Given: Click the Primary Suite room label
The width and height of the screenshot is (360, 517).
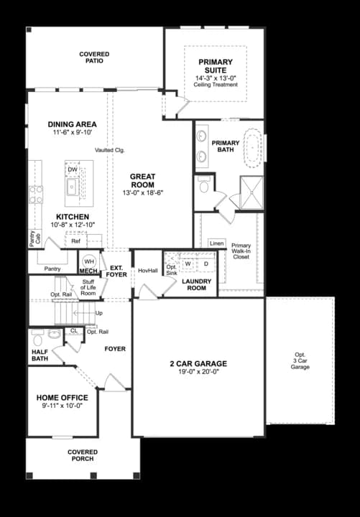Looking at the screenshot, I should point(216,66).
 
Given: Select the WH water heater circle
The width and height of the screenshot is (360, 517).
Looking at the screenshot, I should point(89,261).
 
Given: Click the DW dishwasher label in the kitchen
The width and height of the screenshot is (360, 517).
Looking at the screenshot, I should point(73,169).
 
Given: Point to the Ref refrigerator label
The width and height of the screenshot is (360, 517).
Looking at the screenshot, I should point(75,242).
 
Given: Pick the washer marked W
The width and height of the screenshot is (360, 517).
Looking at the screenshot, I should point(188,264).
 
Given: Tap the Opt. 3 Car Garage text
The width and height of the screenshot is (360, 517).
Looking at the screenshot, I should point(300,360).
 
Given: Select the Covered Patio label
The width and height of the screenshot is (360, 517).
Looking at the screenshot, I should point(94,57).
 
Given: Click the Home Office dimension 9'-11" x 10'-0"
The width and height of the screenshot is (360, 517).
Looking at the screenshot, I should point(63,406).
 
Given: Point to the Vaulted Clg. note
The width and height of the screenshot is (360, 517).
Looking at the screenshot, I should point(109,150).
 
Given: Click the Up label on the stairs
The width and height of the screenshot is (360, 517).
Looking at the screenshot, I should point(98,314).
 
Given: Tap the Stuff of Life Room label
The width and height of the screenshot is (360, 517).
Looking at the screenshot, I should point(88,288).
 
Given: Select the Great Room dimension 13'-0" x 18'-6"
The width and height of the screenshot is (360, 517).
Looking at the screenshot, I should point(143,193).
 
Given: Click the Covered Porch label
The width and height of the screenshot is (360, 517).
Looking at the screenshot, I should point(83,455).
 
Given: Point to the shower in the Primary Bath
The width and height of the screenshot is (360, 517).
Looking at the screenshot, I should point(249,192).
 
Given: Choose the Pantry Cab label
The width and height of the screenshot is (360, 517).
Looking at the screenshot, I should point(32,239).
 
